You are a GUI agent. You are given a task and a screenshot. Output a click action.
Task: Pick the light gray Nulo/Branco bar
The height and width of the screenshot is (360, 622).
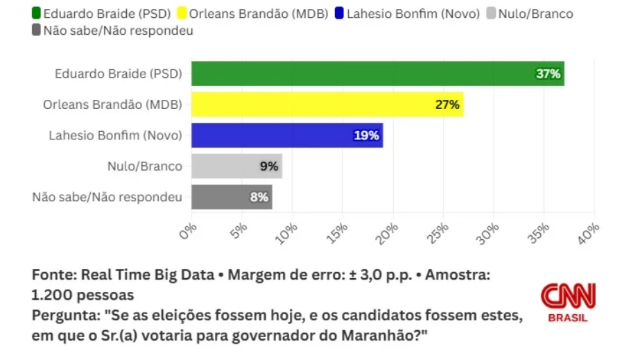click(x=236, y=166)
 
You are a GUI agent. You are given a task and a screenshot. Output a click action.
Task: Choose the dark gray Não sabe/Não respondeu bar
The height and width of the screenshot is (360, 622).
click(x=232, y=197)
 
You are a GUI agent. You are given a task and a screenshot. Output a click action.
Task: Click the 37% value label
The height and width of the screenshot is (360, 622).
click(x=548, y=74)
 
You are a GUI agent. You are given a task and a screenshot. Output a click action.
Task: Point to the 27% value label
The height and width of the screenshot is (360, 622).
click(x=447, y=105)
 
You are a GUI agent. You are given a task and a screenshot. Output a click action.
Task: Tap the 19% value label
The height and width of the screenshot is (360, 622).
click(x=366, y=135)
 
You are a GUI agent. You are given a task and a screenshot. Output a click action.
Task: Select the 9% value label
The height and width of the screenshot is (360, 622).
click(x=268, y=166)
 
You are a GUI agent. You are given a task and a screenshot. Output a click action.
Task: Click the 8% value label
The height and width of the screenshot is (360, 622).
click(x=259, y=197)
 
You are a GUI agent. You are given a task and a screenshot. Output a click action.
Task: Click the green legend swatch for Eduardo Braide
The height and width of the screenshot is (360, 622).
click(x=36, y=13)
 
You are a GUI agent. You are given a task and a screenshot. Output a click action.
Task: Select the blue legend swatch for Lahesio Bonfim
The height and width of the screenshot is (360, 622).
click(x=339, y=13)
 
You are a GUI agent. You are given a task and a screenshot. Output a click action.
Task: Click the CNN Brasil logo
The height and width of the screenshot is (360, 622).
click(x=567, y=302)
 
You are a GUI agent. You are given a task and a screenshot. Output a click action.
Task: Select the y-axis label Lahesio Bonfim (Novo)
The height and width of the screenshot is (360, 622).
click(x=115, y=135)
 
